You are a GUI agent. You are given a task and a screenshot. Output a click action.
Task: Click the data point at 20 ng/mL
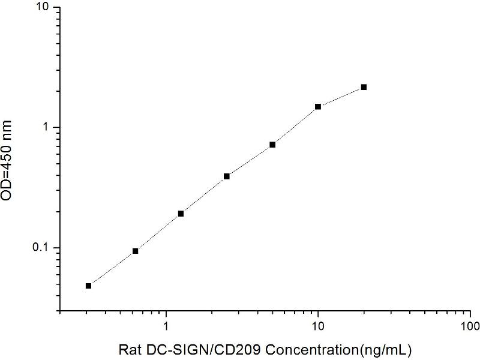[x=364, y=87]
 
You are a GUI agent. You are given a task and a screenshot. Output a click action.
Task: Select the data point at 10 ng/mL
[x=318, y=107]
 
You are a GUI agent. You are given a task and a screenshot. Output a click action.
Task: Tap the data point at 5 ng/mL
[x=272, y=145]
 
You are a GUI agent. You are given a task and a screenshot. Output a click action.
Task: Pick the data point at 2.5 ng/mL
[x=227, y=176]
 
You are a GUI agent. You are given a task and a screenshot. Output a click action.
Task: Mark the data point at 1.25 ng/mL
[x=181, y=214]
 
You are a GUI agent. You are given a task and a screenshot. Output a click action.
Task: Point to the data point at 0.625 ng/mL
[x=135, y=251]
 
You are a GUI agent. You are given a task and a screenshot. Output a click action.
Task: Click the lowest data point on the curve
[x=89, y=286]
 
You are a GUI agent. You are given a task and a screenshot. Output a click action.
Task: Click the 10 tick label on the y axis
[x=46, y=7]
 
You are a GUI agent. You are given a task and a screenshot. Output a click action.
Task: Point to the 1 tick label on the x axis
[x=166, y=327]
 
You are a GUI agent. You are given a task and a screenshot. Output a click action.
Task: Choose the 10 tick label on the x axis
[x=318, y=327]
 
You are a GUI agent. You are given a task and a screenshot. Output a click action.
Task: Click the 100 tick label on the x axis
[x=470, y=327]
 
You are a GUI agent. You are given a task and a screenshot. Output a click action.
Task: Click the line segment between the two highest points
[x=341, y=97]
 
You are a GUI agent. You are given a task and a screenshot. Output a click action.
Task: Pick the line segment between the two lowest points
[x=112, y=268]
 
